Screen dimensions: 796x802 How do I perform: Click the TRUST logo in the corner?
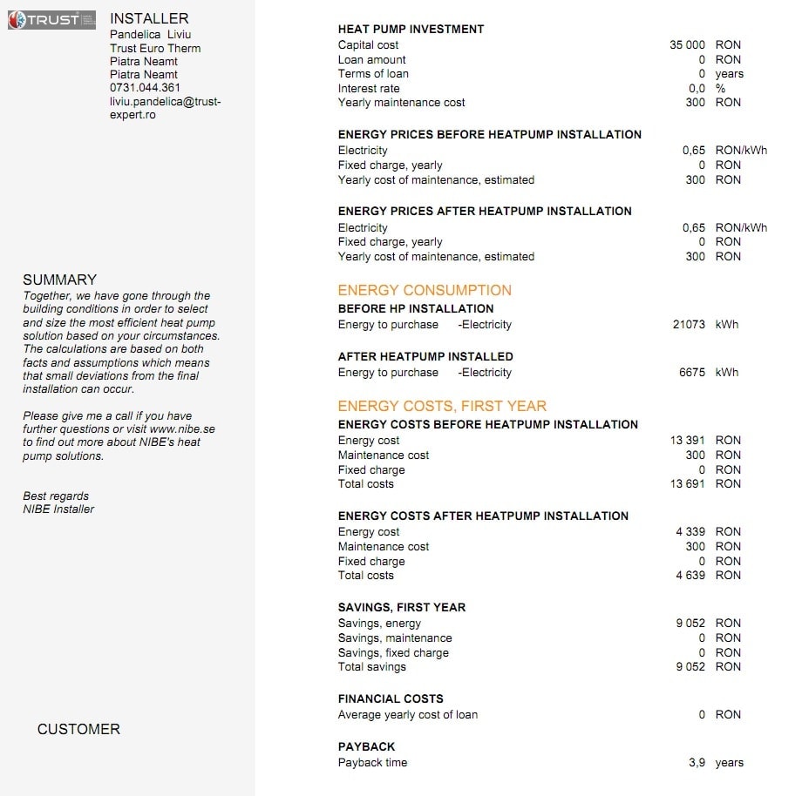(x=51, y=19)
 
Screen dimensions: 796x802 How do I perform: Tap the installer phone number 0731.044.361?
(x=145, y=88)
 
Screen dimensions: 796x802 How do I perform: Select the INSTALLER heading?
(x=149, y=18)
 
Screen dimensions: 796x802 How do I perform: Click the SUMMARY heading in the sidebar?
(x=59, y=280)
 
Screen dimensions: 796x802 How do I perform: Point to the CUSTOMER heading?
(x=78, y=730)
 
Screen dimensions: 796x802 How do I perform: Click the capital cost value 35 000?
(x=687, y=44)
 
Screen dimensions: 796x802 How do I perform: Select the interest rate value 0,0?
(x=697, y=88)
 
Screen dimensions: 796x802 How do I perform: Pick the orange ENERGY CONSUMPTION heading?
(x=425, y=291)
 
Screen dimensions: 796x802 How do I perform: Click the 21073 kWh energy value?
(x=689, y=325)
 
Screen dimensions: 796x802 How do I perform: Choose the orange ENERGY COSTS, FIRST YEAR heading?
(x=442, y=406)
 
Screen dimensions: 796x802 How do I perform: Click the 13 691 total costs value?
(x=687, y=484)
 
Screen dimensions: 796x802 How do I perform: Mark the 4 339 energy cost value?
(x=690, y=532)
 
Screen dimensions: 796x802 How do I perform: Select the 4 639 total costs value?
(x=690, y=576)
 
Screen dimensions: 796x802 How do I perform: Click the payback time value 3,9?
(x=697, y=763)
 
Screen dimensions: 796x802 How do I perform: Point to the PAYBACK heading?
(x=366, y=747)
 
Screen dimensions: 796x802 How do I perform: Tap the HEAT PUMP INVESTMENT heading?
(x=411, y=29)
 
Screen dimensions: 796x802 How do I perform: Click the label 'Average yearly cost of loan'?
(x=408, y=715)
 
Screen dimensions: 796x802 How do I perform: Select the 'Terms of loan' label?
(x=373, y=74)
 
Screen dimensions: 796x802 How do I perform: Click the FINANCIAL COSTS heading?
(x=391, y=699)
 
